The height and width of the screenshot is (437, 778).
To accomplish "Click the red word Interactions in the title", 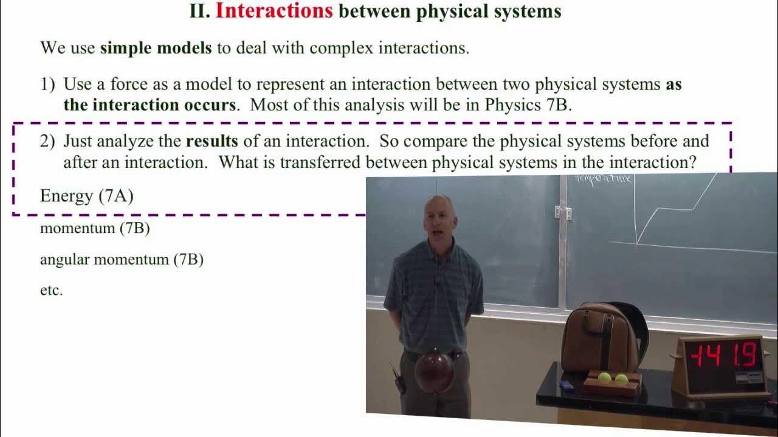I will click(x=274, y=11).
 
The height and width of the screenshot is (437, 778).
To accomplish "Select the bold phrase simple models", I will click(x=156, y=48).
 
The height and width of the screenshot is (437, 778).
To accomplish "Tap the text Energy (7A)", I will click(x=86, y=195).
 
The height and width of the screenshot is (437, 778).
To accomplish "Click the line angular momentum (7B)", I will click(x=122, y=260).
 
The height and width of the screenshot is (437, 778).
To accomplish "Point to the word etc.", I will click(x=51, y=290).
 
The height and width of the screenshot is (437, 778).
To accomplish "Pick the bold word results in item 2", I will click(x=212, y=141).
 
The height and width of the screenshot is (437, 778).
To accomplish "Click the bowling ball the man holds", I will click(x=434, y=370).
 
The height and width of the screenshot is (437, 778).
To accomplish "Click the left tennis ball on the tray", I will click(x=605, y=378).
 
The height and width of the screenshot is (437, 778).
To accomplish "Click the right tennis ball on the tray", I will click(x=621, y=379).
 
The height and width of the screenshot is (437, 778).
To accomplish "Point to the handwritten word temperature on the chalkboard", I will click(x=604, y=178).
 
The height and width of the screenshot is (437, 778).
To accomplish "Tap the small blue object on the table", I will click(x=566, y=385).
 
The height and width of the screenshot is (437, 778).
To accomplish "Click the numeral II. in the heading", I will click(x=199, y=11).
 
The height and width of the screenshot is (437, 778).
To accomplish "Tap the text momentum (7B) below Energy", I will click(x=95, y=229).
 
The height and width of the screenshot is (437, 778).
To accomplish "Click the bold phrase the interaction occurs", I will click(x=149, y=104).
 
